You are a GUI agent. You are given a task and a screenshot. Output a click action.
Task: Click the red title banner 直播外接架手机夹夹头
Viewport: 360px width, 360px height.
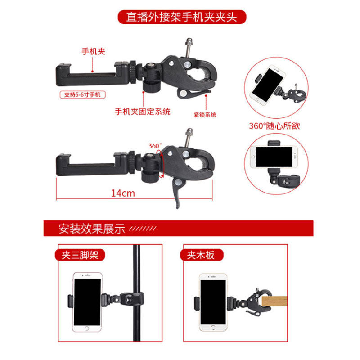click(182, 17)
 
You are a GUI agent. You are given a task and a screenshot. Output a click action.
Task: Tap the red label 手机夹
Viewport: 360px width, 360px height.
click(94, 51)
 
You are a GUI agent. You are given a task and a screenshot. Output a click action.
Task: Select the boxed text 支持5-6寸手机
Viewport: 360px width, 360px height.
click(82, 94)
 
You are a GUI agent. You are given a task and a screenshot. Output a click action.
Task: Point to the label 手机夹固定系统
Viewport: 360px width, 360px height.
click(143, 112)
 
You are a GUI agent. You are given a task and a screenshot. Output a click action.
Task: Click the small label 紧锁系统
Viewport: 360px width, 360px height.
click(205, 115)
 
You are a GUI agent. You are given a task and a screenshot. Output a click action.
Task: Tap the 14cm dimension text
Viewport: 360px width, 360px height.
click(123, 193)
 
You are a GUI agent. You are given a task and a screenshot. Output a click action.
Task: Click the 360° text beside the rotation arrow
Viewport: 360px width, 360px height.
click(155, 146)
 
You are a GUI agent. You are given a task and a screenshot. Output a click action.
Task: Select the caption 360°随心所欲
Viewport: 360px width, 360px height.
click(274, 126)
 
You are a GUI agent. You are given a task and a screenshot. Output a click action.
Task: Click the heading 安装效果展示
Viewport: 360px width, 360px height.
click(92, 229)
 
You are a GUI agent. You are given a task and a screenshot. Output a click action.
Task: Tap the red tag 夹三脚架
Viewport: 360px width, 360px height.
click(80, 255)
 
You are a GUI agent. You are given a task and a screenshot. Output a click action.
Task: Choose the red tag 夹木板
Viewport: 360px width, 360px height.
click(201, 255)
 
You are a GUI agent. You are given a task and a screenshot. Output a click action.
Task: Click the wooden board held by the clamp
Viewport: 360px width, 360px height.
click(274, 301)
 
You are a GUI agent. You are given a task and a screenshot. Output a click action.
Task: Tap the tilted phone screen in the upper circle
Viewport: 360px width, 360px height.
click(267, 85)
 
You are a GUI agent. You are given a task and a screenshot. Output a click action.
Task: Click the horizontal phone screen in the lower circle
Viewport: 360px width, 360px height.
click(274, 157)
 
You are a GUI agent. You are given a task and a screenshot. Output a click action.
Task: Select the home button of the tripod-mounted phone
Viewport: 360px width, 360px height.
click(87, 328)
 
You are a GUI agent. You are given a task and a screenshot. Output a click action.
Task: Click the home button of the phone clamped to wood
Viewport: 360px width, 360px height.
click(213, 327)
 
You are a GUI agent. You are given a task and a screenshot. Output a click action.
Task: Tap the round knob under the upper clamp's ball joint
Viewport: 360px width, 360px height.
click(151, 86)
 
